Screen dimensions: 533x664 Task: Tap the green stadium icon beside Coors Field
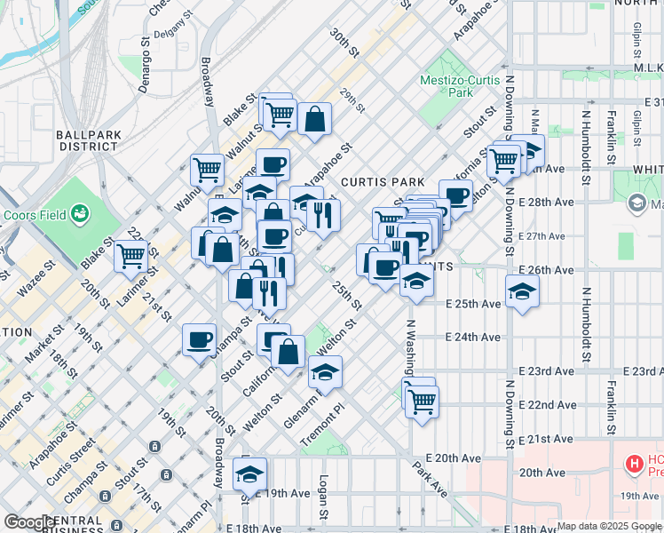pyautogui.click(x=81, y=213)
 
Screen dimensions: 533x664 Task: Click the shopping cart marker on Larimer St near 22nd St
pyautogui.click(x=130, y=256)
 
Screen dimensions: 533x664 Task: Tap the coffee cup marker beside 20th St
pyautogui.click(x=200, y=339)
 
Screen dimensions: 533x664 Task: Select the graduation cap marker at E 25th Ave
pyautogui.click(x=522, y=291)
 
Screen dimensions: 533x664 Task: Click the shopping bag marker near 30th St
pyautogui.click(x=314, y=118)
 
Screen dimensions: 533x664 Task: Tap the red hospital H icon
pyautogui.click(x=634, y=463)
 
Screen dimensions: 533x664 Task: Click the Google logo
pyautogui.click(x=28, y=522)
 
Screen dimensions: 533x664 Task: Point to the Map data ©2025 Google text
pyautogui.click(x=608, y=526)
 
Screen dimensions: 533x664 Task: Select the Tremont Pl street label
pyautogui.click(x=325, y=423)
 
